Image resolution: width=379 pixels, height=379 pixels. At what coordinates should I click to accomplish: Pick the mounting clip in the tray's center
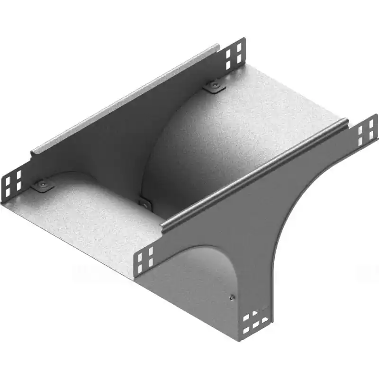click(145, 203)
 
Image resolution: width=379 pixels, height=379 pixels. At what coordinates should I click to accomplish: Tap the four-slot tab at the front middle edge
click(145, 258)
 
